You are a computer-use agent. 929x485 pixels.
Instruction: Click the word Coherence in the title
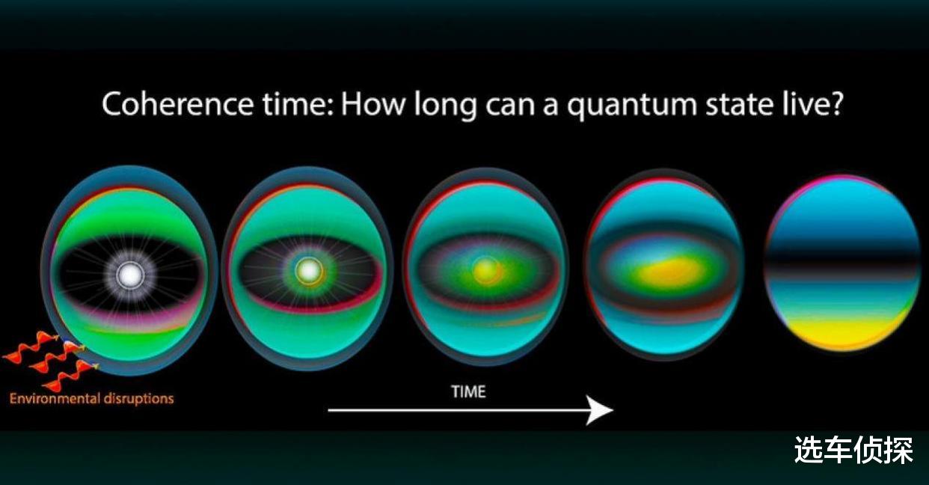[177, 104]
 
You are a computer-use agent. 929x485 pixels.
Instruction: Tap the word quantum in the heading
[631, 106]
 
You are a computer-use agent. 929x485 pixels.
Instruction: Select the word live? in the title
[813, 104]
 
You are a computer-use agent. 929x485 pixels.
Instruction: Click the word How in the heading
[372, 104]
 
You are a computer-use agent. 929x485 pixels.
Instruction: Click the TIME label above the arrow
[469, 391]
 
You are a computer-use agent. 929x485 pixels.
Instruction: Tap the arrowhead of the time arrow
[600, 410]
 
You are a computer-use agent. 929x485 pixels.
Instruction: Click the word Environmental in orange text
[55, 399]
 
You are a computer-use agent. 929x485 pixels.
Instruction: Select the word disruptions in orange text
[138, 399]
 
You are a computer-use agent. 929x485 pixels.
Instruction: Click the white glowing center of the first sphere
[130, 274]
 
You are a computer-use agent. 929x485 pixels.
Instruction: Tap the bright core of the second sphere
[309, 271]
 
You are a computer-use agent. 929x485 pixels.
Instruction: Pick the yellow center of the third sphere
[487, 269]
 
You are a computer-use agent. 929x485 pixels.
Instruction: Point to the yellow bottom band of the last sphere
[843, 331]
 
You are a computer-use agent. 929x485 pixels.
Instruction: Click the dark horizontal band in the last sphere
[842, 263]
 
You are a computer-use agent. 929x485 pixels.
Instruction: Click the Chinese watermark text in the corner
[853, 450]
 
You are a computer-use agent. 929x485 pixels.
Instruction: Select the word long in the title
[445, 106]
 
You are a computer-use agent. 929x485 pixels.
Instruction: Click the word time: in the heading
[298, 104]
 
